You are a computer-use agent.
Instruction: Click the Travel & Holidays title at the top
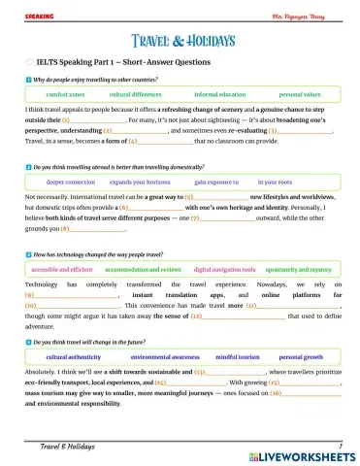coord(180,41)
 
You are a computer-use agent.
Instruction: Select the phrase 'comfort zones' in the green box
coord(65,95)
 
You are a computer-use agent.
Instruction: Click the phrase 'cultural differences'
coord(135,95)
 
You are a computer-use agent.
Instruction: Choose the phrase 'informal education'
coord(219,95)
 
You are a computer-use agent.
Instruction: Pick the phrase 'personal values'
coord(299,95)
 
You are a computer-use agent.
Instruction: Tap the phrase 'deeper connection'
coord(71,182)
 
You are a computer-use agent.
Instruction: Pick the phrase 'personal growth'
coord(300,357)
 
